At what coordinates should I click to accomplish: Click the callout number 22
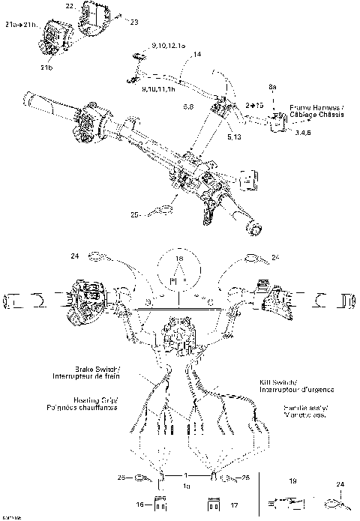[x=70, y=6]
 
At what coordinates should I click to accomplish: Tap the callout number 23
[x=135, y=22]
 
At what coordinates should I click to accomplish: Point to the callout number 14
[x=197, y=55]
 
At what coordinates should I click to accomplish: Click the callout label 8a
[x=273, y=88]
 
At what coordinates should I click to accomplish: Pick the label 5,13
[x=234, y=138]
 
